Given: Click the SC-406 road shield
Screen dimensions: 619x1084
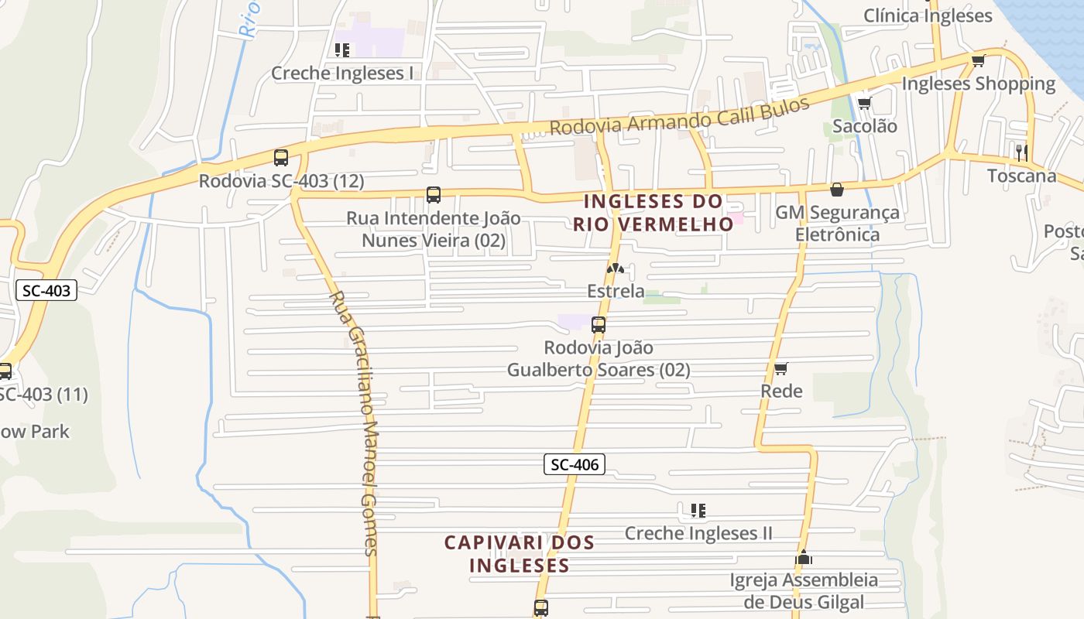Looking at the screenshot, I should pos(574,464).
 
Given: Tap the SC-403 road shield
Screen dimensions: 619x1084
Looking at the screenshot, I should pos(46,291).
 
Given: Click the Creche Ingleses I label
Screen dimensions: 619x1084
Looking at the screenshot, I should pos(341,73).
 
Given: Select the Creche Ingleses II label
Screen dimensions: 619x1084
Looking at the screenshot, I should pos(698,533).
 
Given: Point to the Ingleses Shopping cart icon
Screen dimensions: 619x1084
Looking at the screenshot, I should pos(978,60).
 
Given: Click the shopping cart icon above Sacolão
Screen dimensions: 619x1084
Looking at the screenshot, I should pos(864,103).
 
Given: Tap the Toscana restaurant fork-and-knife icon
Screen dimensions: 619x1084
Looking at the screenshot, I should pos(1021,152).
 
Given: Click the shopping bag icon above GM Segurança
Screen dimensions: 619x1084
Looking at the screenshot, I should pos(836,189).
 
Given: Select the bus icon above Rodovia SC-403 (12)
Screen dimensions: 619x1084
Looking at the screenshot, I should pos(280,158).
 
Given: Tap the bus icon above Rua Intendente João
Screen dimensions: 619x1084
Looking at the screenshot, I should pos(434,195).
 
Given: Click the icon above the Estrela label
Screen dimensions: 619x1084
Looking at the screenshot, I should pos(616,268).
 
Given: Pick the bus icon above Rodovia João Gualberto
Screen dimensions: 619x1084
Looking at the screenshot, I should pos(598,325).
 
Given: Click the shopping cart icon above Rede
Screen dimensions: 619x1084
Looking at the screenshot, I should pos(781,368).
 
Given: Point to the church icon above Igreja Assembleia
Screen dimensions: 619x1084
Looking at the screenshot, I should pos(804,557).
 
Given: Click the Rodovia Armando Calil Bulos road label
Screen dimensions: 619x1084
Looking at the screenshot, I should pos(680,115).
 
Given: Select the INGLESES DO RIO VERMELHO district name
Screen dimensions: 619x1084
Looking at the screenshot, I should pos(653,213).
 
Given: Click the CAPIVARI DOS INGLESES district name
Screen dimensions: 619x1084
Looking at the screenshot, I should pos(520,553).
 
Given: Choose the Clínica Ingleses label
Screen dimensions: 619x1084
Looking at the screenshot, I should pos(928,15).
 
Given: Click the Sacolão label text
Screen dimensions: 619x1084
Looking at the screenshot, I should pos(865,126).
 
